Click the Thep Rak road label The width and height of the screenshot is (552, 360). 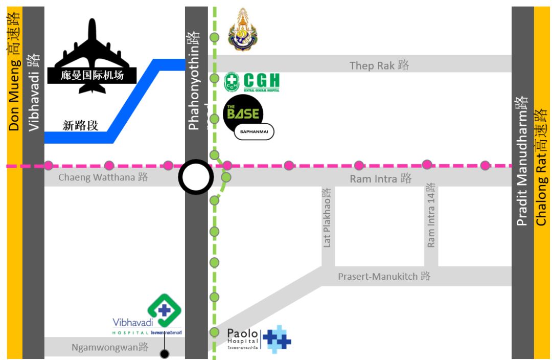[379, 65]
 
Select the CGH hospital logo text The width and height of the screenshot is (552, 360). [261, 81]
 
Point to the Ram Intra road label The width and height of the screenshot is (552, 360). [381, 178]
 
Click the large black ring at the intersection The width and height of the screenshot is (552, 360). [196, 177]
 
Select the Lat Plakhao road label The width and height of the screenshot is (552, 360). [327, 217]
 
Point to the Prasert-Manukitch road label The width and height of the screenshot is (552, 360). [384, 276]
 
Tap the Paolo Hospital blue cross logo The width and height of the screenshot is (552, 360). [277, 339]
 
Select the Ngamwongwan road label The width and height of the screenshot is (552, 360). [110, 348]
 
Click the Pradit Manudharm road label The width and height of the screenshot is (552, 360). [522, 161]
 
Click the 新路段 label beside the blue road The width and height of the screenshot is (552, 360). [80, 125]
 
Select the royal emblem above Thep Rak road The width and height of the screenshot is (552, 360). [242, 30]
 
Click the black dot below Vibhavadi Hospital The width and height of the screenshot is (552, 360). [164, 353]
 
